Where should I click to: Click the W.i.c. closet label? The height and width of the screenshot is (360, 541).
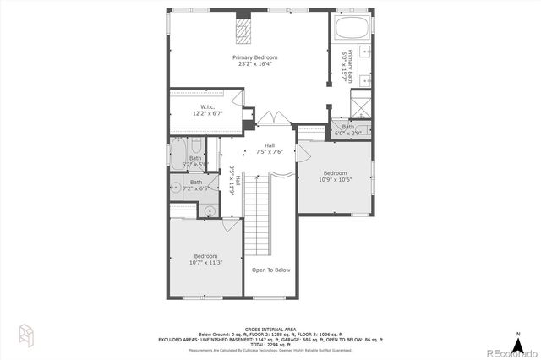pyautogui.click(x=207, y=110)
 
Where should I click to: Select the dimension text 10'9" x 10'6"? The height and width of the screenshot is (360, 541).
pyautogui.click(x=334, y=179)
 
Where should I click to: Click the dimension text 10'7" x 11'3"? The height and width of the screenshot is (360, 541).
pyautogui.click(x=206, y=262)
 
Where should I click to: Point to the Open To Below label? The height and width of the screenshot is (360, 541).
pyautogui.click(x=270, y=270)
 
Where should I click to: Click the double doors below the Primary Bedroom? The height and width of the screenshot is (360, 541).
pyautogui.click(x=270, y=117)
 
